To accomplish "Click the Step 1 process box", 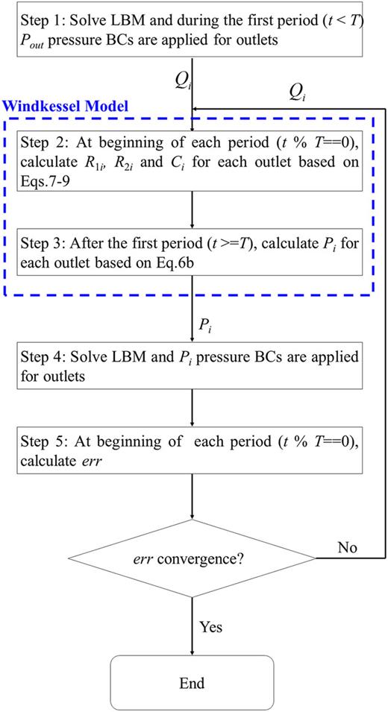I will (193, 29).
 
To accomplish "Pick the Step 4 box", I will (193, 365).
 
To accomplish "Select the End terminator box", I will (193, 681).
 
